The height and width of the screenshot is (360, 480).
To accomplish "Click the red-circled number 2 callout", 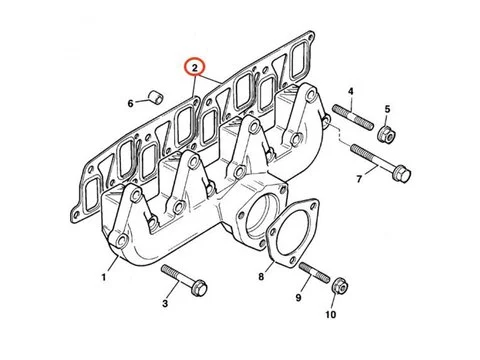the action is pyautogui.click(x=195, y=68).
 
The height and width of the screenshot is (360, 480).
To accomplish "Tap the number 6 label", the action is pyautogui.click(x=130, y=104).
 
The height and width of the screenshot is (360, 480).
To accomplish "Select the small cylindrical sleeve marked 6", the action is pyautogui.click(x=156, y=96).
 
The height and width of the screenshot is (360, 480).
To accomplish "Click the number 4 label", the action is pyautogui.click(x=350, y=91).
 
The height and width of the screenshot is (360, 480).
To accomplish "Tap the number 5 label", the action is pyautogui.click(x=387, y=109).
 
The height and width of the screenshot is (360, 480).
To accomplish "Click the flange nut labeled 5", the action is pyautogui.click(x=387, y=133).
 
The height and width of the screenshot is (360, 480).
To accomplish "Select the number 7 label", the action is pyautogui.click(x=359, y=179).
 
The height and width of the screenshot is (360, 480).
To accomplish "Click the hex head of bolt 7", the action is pyautogui.click(x=402, y=174).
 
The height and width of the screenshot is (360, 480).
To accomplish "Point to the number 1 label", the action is pyautogui.click(x=104, y=277).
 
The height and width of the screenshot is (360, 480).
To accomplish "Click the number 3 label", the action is pyautogui.click(x=165, y=303).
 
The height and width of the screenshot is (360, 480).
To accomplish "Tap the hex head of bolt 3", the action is pyautogui.click(x=199, y=288).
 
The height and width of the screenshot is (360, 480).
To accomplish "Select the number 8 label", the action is pyautogui.click(x=261, y=276).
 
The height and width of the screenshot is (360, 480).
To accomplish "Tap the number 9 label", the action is pyautogui.click(x=298, y=297).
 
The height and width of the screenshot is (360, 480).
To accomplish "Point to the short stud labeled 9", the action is pyautogui.click(x=314, y=272).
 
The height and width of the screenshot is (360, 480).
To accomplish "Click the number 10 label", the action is pyautogui.click(x=331, y=314).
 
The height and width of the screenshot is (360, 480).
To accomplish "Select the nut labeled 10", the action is pyautogui.click(x=341, y=287).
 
